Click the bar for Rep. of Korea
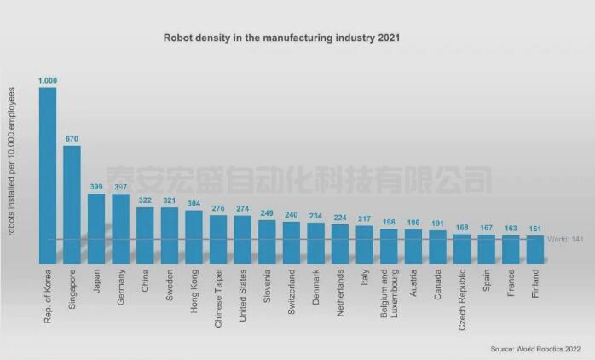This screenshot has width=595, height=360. tap(48, 174)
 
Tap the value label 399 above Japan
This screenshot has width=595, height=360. tap(96, 187)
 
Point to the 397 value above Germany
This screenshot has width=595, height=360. tap(120, 187)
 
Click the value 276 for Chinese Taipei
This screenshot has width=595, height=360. tap(218, 208)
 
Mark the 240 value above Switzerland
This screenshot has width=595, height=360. tap(292, 215)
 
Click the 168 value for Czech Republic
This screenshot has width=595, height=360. tap(462, 228)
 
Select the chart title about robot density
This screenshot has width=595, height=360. tap(281, 38)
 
